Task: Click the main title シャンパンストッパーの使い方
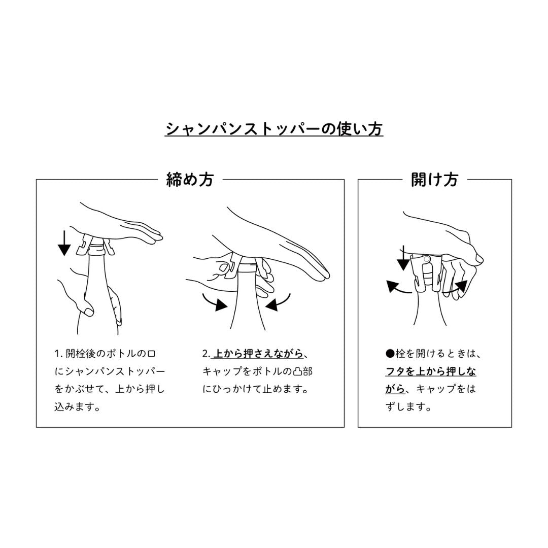point(274,129)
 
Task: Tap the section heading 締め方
point(190,180)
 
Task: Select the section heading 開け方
point(434,180)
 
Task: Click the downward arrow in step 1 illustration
point(64,243)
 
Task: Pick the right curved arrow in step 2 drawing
point(278,302)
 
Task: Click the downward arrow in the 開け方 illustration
point(403,258)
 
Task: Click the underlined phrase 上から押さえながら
point(258,354)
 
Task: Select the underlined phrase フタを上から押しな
point(431,371)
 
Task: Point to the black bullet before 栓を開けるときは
point(390,354)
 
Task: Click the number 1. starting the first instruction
point(58,354)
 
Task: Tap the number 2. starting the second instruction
point(206,354)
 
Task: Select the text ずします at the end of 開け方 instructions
point(408,407)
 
